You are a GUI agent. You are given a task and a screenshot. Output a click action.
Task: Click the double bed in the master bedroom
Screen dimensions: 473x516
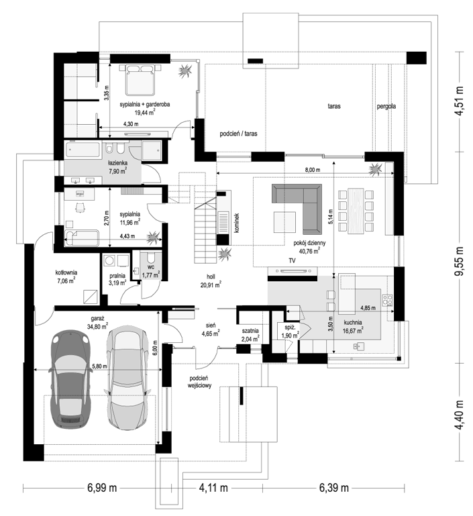click(x=140, y=80)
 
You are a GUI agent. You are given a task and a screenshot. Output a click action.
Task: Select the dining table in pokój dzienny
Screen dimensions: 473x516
click(x=356, y=211)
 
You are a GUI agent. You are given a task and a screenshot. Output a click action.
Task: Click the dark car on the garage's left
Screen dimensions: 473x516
click(x=70, y=379)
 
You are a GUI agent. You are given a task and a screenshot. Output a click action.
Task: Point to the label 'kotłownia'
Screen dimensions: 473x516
click(x=66, y=272)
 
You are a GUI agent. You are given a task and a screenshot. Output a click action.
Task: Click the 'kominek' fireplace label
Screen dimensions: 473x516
click(x=237, y=223)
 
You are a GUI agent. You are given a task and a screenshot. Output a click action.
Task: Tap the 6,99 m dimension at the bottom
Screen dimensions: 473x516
click(x=102, y=487)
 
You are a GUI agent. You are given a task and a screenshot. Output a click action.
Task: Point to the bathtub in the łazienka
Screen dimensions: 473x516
click(x=83, y=150)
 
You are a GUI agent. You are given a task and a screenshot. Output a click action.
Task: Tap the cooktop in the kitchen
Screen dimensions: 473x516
click(x=387, y=299)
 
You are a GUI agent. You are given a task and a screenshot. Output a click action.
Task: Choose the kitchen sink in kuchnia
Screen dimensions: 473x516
click(x=359, y=346)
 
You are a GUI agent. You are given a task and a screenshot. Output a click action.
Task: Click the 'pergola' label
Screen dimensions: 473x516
click(x=386, y=106)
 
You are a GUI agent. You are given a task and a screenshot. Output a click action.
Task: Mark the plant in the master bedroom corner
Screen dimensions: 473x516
click(x=185, y=70)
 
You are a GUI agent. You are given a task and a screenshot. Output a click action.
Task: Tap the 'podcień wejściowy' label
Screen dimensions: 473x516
click(x=200, y=382)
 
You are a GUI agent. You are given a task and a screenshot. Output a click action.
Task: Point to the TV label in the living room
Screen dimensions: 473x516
click(x=292, y=260)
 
